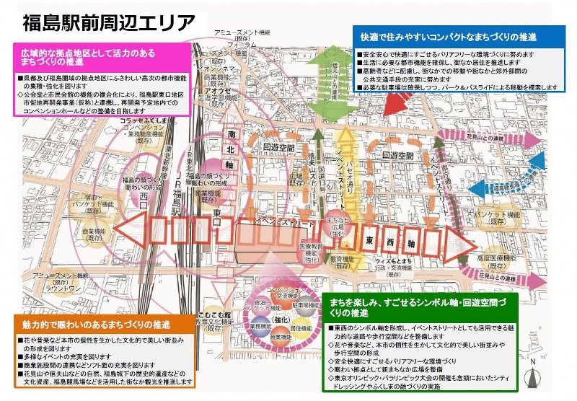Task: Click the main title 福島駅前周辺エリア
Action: coord(108,22)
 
